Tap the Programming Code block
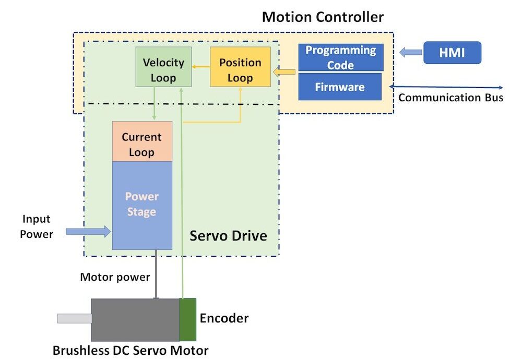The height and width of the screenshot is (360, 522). (340, 57)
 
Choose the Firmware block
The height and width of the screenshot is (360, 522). (340, 87)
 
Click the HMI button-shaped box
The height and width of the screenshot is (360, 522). (452, 52)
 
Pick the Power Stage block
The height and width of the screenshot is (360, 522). (142, 205)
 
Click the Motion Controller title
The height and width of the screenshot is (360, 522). (323, 17)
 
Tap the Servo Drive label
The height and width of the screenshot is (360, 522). (228, 236)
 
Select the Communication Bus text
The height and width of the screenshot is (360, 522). (450, 98)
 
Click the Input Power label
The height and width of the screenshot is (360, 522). (37, 226)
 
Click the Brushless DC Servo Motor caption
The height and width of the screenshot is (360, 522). (130, 350)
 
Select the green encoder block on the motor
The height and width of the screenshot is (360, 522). (187, 319)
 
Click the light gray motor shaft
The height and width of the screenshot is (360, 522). (75, 318)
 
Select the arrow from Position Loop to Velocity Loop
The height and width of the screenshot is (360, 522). (200, 67)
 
